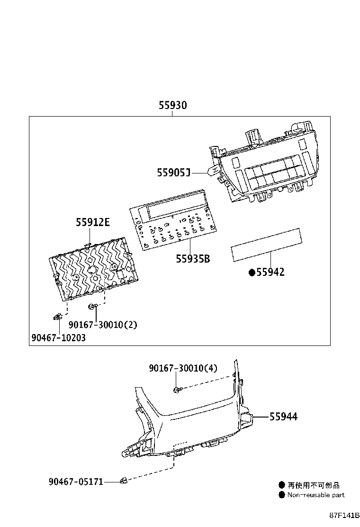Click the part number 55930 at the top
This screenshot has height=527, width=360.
172,106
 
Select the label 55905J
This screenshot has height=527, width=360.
174,173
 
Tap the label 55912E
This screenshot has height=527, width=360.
93,222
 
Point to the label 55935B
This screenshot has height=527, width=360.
193,259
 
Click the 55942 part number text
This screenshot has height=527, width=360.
270,272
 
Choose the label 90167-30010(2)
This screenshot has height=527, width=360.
102,325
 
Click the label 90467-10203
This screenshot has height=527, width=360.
59,338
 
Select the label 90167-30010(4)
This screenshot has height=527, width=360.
183,368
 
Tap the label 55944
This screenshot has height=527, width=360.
283,417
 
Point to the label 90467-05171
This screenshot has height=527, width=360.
76,482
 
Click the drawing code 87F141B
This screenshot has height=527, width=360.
345,515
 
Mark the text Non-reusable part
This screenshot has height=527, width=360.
315,495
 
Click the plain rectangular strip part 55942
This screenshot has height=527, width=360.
266,245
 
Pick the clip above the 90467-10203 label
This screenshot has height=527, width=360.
57,316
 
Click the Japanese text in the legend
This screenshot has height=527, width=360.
314,485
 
